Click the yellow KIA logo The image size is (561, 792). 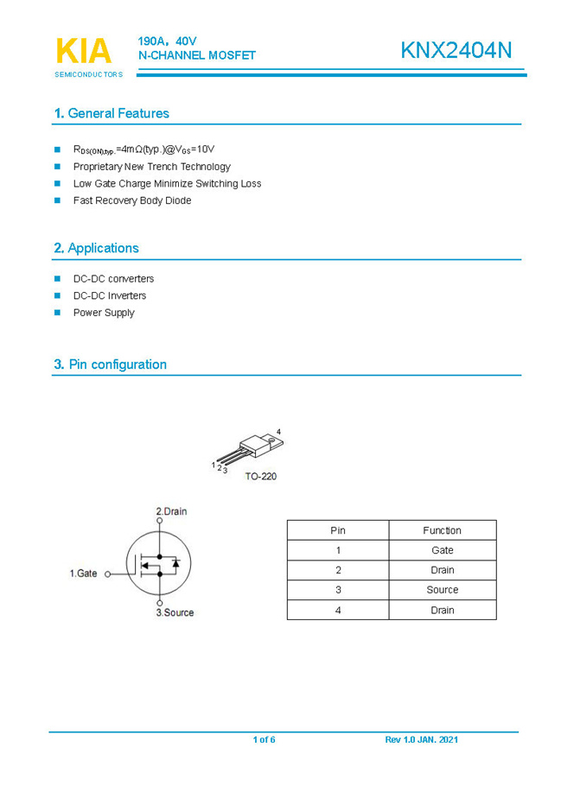[x=84, y=51]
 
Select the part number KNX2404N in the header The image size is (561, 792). [x=456, y=51]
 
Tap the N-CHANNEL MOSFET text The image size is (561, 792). [x=197, y=55]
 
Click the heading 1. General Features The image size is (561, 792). [x=111, y=113]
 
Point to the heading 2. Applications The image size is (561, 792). [x=96, y=248]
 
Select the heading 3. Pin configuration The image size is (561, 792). [x=110, y=364]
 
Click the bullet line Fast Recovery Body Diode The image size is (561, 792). [x=131, y=200]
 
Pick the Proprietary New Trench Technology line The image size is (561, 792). [x=151, y=167]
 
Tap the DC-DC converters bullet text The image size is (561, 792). [x=113, y=279]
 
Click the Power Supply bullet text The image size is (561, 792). [x=104, y=313]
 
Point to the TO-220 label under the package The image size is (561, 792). [x=260, y=476]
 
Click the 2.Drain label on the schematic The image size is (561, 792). [x=171, y=511]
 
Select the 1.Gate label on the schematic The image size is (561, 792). [x=83, y=573]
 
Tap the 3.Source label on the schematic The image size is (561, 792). [x=175, y=612]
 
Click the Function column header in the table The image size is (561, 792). [x=442, y=530]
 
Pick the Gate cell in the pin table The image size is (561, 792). [x=442, y=550]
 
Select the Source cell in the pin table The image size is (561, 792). [x=442, y=590]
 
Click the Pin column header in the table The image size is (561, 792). [x=338, y=530]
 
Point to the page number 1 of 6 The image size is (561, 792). [x=264, y=740]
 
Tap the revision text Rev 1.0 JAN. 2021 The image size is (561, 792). [x=421, y=740]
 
